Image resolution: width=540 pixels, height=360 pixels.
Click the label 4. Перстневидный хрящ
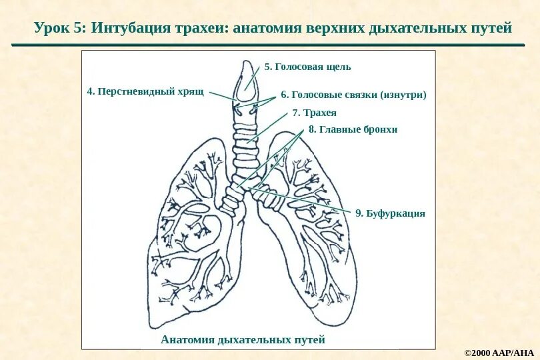(145, 90)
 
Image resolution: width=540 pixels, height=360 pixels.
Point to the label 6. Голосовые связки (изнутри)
(353, 95)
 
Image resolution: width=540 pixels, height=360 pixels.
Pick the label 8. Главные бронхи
(352, 129)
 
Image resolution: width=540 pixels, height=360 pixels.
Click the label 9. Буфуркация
(390, 213)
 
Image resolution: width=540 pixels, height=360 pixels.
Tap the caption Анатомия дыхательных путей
(243, 340)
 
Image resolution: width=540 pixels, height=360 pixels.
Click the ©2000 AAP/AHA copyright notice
(499, 351)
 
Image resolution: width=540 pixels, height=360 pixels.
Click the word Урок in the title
(51, 29)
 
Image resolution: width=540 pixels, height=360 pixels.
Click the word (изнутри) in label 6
(403, 95)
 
